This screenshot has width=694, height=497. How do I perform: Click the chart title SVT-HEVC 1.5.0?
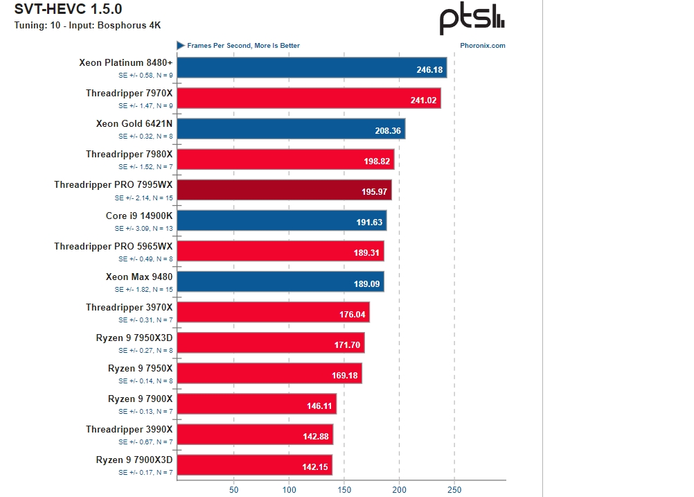click(x=68, y=10)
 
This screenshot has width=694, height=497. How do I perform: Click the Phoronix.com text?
click(x=482, y=46)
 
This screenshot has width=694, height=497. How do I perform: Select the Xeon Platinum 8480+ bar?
click(x=312, y=68)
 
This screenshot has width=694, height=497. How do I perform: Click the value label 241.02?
click(x=423, y=100)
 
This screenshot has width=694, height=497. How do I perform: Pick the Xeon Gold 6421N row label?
click(x=134, y=123)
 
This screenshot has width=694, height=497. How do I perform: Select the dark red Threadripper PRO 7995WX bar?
click(x=284, y=190)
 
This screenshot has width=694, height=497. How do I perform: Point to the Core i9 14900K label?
click(x=139, y=216)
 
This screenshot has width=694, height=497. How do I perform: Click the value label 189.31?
click(x=366, y=253)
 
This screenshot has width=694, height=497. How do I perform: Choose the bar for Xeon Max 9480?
click(x=281, y=281)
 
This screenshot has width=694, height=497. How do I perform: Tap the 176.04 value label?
click(x=352, y=314)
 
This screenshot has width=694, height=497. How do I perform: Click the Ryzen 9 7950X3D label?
click(x=134, y=338)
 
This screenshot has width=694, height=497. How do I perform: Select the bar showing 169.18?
click(x=269, y=373)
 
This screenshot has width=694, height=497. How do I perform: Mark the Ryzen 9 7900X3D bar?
click(x=254, y=465)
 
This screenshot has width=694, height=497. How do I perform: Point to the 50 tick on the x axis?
click(x=234, y=489)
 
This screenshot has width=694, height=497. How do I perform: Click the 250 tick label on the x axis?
click(x=454, y=489)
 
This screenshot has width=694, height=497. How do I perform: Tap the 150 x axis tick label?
click(x=344, y=489)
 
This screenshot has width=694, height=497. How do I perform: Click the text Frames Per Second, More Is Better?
click(x=243, y=46)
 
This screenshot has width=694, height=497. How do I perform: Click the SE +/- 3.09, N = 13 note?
click(x=144, y=228)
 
